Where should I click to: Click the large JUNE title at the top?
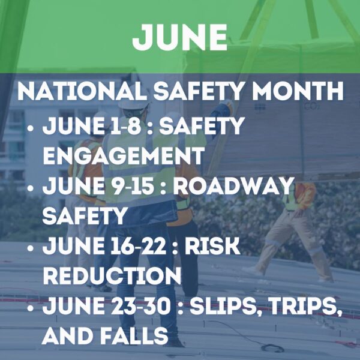coord(180,37)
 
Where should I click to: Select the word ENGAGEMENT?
coord(123,155)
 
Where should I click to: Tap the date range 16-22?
coord(136,245)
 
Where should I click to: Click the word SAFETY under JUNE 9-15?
coord(85,215)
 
